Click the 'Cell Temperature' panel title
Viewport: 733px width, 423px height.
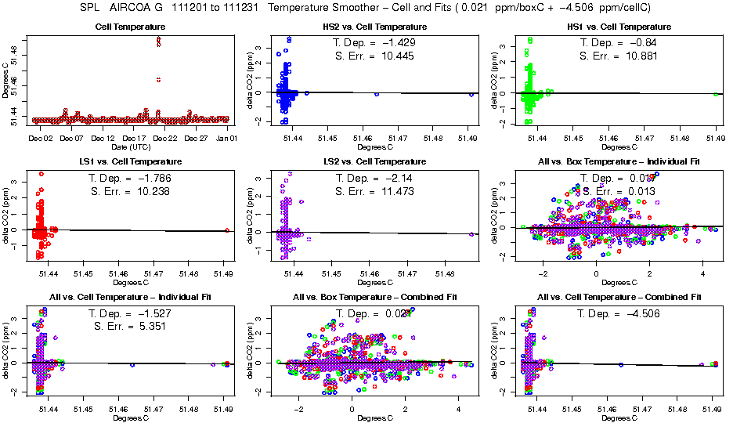click(x=128, y=28)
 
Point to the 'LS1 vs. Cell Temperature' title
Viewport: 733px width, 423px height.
click(x=128, y=162)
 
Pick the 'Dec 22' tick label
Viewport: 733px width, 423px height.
click(x=164, y=139)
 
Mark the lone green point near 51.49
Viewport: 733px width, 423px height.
click(x=716, y=94)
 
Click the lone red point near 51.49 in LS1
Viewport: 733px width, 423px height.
click(x=226, y=230)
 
